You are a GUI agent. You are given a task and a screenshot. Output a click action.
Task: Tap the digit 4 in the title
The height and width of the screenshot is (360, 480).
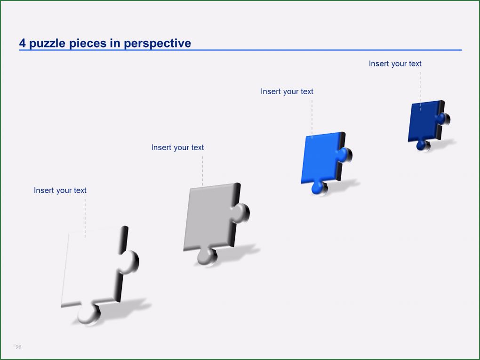pos(23,43)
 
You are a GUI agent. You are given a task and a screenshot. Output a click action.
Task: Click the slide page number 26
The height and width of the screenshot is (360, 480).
pos(18,347)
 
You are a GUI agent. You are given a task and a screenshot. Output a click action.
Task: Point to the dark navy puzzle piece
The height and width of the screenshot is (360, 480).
pos(424,121)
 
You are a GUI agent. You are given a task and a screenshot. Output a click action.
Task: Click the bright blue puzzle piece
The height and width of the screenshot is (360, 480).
pos(320,158)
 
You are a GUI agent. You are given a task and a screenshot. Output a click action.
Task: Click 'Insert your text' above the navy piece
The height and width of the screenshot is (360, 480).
pos(395,64)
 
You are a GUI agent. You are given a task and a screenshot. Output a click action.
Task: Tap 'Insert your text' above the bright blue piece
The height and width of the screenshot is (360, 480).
pos(287,91)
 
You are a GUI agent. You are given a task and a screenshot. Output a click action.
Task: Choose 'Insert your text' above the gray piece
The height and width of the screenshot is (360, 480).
pos(177,147)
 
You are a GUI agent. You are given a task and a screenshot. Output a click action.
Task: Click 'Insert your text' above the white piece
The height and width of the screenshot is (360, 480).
pos(60,190)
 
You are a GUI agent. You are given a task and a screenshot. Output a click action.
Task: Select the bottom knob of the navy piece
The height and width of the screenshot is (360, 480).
pos(422,146)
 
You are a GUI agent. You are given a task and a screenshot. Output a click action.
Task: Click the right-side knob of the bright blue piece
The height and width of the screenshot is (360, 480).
pos(346,155)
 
